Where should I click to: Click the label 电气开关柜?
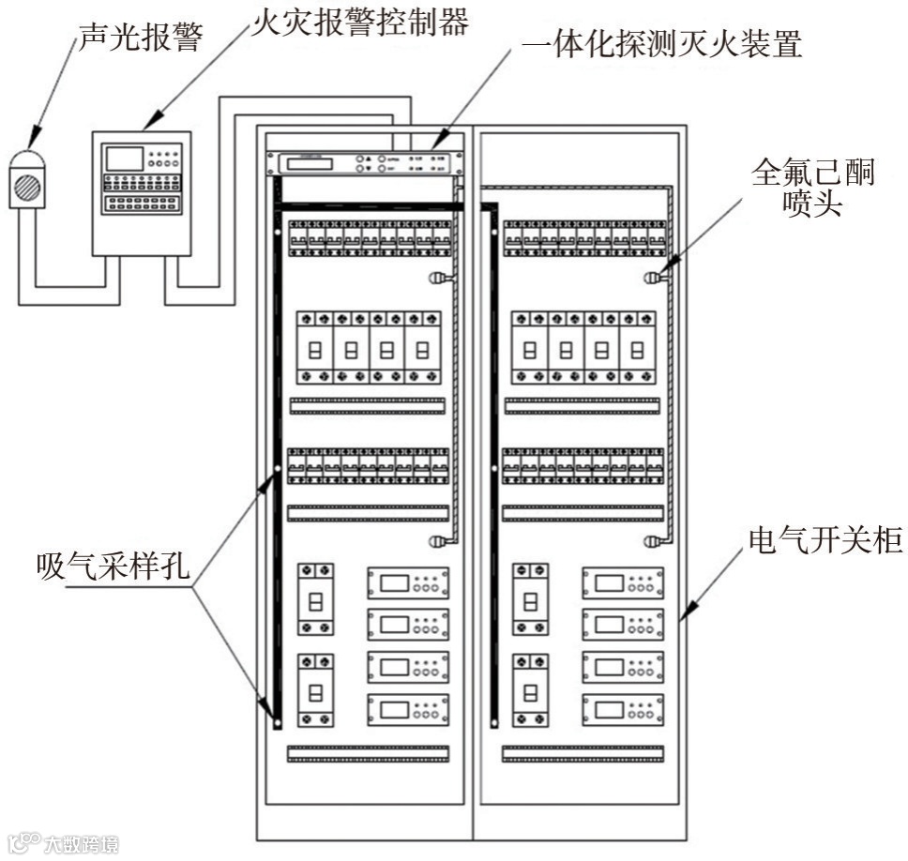(x=825, y=541)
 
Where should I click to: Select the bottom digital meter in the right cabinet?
(x=623, y=707)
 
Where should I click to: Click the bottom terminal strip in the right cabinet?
(x=583, y=753)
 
